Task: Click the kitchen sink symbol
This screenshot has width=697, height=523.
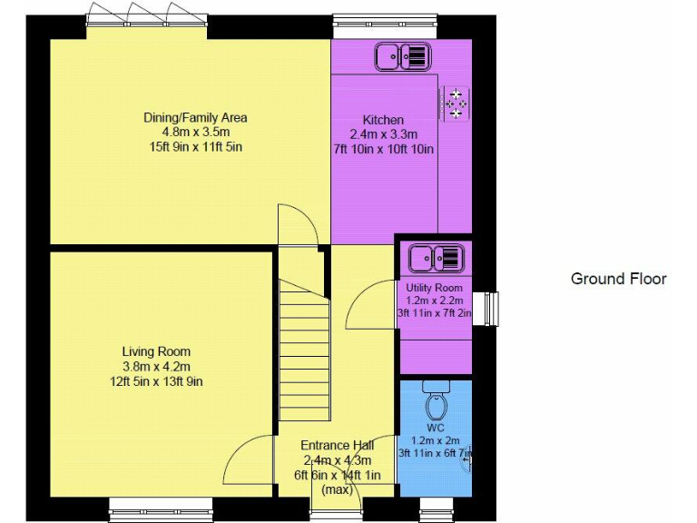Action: [x=400, y=57]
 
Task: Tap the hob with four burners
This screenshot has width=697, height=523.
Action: [x=456, y=103]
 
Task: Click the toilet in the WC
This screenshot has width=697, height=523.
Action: [x=437, y=401]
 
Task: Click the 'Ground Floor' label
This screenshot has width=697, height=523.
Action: [x=618, y=279]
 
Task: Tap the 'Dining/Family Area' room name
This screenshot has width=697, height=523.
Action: [x=195, y=117]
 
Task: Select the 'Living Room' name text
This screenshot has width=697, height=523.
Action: [x=157, y=351]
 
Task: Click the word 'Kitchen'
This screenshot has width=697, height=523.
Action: [x=383, y=120]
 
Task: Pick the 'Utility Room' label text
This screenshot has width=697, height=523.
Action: [x=435, y=288]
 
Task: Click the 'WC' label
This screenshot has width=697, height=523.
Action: [x=436, y=427]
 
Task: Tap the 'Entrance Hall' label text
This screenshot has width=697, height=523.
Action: [x=338, y=445]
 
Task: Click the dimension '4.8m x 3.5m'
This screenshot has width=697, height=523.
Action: [x=195, y=132]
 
